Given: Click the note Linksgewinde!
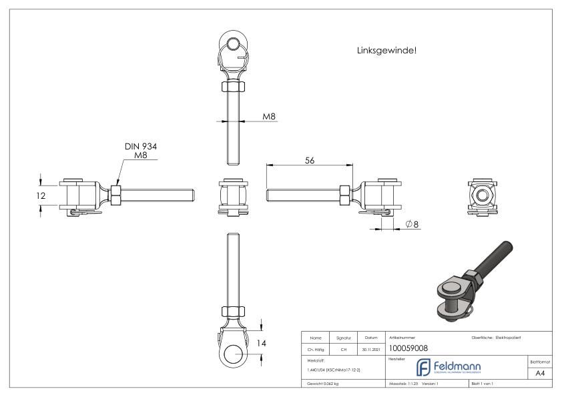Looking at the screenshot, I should tap(387, 50).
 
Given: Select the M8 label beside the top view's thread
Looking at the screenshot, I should tap(269, 116).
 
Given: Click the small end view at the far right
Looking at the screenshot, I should tap(481, 193).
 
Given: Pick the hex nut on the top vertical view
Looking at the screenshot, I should tap(234, 87).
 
